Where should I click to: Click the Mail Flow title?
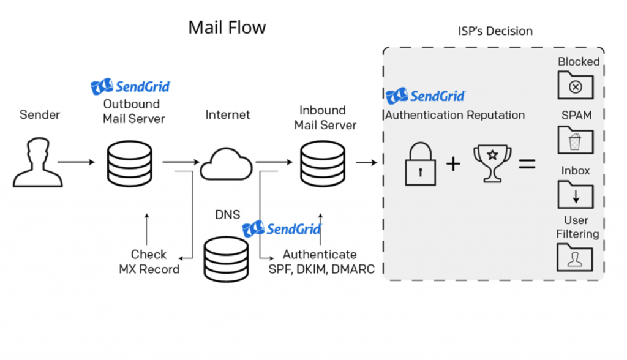click(227, 28)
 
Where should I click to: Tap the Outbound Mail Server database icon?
click(130, 162)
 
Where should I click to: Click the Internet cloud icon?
click(226, 163)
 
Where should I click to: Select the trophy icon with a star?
click(492, 163)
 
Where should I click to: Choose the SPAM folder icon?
click(575, 140)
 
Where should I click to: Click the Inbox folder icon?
click(575, 194)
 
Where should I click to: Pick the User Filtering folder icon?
click(575, 257)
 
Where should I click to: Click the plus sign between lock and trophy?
click(453, 163)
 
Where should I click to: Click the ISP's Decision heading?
click(495, 31)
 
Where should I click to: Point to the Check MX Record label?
click(149, 261)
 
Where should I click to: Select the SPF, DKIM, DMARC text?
click(321, 269)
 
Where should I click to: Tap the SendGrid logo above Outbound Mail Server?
click(130, 87)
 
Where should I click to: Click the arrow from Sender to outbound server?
click(76, 162)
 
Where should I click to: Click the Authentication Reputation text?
click(455, 115)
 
